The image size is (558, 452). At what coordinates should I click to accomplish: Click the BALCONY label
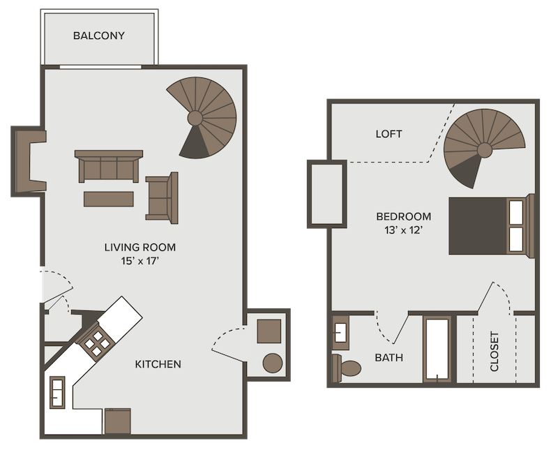coord(98,36)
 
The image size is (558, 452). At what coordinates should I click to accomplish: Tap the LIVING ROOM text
coord(139,247)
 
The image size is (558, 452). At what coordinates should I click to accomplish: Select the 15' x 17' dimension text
coord(139,262)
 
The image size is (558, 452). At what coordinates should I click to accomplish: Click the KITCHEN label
coord(158,364)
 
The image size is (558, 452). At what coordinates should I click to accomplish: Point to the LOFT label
coord(389,134)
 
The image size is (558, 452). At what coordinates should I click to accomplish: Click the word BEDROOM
coord(403,216)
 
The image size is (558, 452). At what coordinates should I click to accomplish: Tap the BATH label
coord(389,359)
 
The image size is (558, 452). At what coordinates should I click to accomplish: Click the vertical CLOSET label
coord(495,352)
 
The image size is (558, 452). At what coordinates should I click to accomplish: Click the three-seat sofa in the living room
coord(109,166)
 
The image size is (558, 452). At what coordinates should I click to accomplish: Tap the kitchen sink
coord(56,391)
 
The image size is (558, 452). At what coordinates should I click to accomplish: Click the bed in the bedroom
coord(488,225)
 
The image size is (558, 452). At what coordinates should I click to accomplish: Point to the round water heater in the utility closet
coord(272,362)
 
